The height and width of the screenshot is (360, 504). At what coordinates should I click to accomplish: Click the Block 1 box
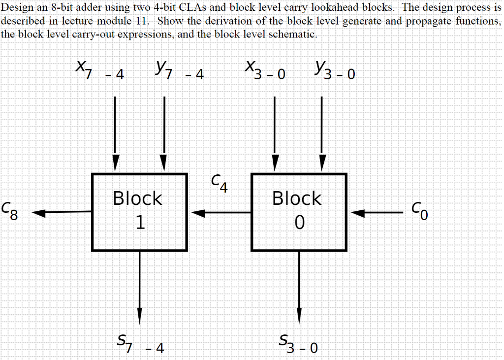[139, 212]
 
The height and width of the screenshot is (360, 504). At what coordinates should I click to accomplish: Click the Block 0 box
[298, 212]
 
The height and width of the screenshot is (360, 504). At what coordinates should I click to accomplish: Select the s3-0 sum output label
[298, 343]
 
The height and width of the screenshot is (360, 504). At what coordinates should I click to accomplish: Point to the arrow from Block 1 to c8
[62, 213]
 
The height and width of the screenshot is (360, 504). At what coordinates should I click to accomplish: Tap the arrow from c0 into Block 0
[377, 213]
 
